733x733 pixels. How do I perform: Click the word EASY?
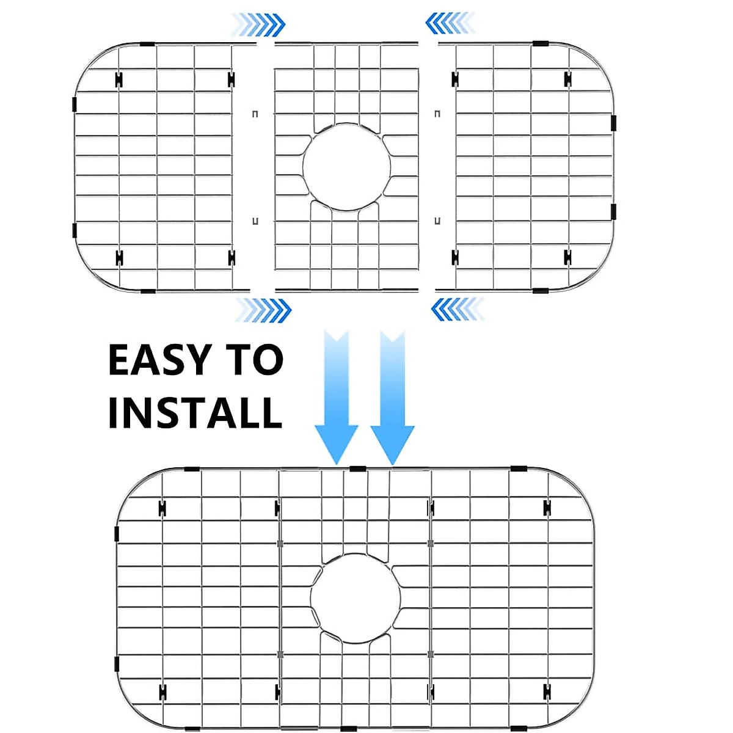(x=160, y=360)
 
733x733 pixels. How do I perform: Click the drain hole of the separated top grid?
(x=346, y=167)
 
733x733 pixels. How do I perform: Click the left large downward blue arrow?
(x=336, y=397)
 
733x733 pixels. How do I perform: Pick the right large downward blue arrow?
(x=392, y=397)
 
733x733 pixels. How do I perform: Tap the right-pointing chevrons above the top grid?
(x=260, y=25)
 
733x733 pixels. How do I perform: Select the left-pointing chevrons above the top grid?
(x=451, y=24)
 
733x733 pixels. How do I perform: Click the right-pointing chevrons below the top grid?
(x=264, y=310)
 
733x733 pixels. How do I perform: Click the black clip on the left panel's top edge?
(x=147, y=44)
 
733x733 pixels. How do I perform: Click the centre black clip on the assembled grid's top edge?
(x=357, y=469)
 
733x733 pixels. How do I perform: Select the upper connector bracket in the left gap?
(x=255, y=114)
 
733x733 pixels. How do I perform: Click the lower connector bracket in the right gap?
(x=437, y=221)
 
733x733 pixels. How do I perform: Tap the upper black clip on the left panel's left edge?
(x=75, y=104)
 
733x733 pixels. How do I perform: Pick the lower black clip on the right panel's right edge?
(x=613, y=211)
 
